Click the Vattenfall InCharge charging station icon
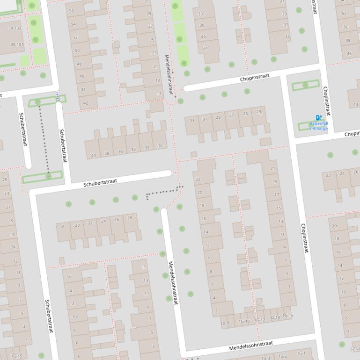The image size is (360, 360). point(319,118)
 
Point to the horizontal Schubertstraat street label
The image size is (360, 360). point(100,182)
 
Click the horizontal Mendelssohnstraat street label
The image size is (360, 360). point(250,346)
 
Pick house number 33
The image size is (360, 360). point(192,121)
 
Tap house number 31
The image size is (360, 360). point(205,119)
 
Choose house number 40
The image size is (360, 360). point(94,155)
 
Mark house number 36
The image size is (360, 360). point(120,151)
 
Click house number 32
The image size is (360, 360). point(147,148)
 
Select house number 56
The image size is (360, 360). point(72,11)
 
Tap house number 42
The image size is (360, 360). point(85,103)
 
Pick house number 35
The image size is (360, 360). point(287,36)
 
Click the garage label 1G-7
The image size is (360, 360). point(225,324)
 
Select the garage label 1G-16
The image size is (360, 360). point(288,316)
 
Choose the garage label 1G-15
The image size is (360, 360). point(16,356)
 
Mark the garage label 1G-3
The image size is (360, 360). point(266,358)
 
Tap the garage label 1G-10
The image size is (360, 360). point(244,321)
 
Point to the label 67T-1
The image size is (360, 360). point(355,349)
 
